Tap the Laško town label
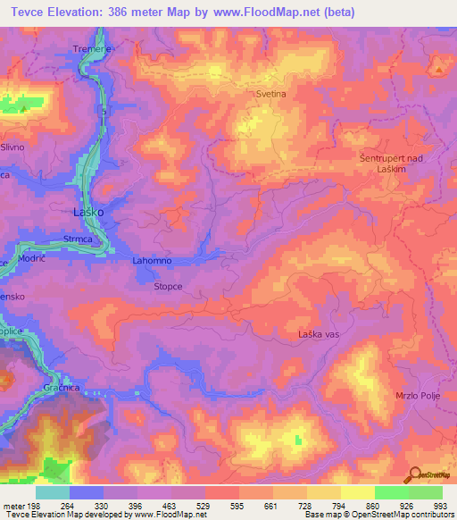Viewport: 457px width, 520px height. (88, 213)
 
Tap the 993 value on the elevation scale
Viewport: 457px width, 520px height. (439, 506)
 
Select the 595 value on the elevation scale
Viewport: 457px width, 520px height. (238, 506)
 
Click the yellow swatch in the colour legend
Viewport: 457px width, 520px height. (357, 492)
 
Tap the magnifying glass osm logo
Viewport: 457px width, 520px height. (416, 476)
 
